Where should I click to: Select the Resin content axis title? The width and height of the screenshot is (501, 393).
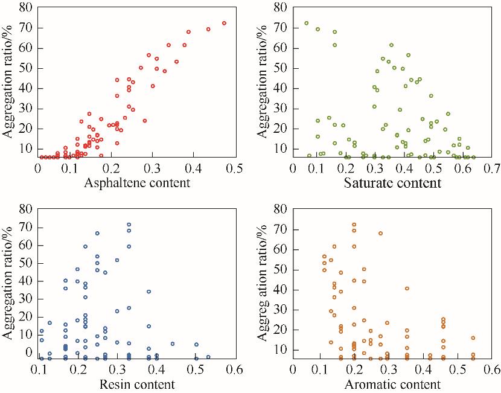138,384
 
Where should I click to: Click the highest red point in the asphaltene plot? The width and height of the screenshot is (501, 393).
224,23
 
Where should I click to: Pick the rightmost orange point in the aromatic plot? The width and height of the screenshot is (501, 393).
473,338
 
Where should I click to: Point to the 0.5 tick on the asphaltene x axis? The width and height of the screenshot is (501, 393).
235,168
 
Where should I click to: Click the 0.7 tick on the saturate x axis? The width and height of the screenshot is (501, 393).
490,168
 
